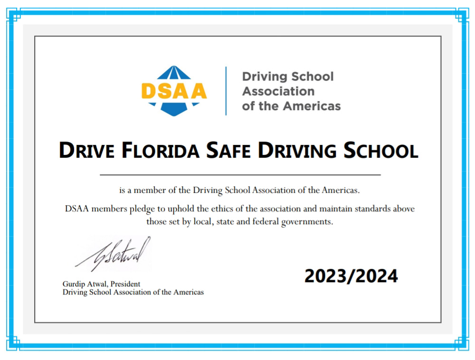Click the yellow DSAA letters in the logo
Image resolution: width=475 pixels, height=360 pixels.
[x=174, y=90]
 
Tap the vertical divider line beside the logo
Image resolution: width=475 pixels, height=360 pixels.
[x=226, y=91]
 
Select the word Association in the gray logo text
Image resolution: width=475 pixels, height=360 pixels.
[x=278, y=91]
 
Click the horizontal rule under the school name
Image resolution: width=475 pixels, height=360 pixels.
[x=240, y=175]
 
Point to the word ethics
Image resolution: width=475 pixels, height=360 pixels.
[x=217, y=209]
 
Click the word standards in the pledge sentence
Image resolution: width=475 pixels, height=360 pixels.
[x=374, y=209]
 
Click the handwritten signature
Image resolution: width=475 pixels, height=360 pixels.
[x=114, y=254]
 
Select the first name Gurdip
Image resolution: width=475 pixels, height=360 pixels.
[x=74, y=284]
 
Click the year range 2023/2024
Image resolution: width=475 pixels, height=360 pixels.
[x=351, y=276]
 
